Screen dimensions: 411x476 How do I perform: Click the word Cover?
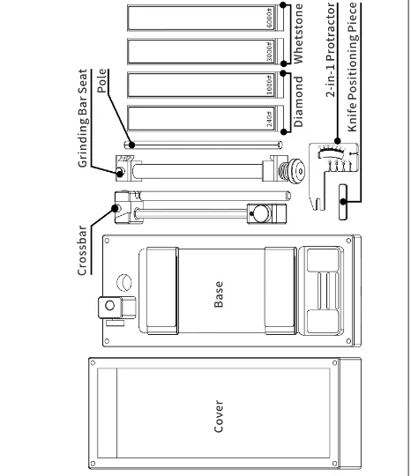[x=219, y=416]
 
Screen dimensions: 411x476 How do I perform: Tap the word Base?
[x=219, y=294]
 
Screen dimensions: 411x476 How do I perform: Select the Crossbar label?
[x=82, y=250]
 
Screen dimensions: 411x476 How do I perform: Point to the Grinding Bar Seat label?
[x=83, y=118]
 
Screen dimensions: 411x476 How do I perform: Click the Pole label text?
[x=102, y=81]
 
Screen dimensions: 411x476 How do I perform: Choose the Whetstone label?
[x=298, y=33]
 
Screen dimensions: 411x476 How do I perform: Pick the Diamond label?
[x=298, y=101]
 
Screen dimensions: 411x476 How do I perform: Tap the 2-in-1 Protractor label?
[x=331, y=50]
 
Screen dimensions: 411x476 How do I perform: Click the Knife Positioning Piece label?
[x=353, y=67]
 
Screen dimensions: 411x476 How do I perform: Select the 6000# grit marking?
[x=270, y=19]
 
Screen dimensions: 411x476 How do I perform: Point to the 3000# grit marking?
[x=270, y=52]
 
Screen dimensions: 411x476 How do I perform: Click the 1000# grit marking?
[x=270, y=86]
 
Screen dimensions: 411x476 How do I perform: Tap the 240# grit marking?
[x=270, y=119]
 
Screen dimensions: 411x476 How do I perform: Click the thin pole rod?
[x=203, y=145]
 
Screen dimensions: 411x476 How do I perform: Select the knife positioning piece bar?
[x=343, y=202]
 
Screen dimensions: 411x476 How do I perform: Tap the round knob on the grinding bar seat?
[x=296, y=171]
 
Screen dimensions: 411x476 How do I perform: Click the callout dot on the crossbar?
[x=116, y=209]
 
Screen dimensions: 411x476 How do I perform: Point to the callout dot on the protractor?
[x=337, y=141]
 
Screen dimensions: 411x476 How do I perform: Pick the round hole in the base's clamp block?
[x=109, y=305]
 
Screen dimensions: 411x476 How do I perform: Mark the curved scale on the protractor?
[x=331, y=151]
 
